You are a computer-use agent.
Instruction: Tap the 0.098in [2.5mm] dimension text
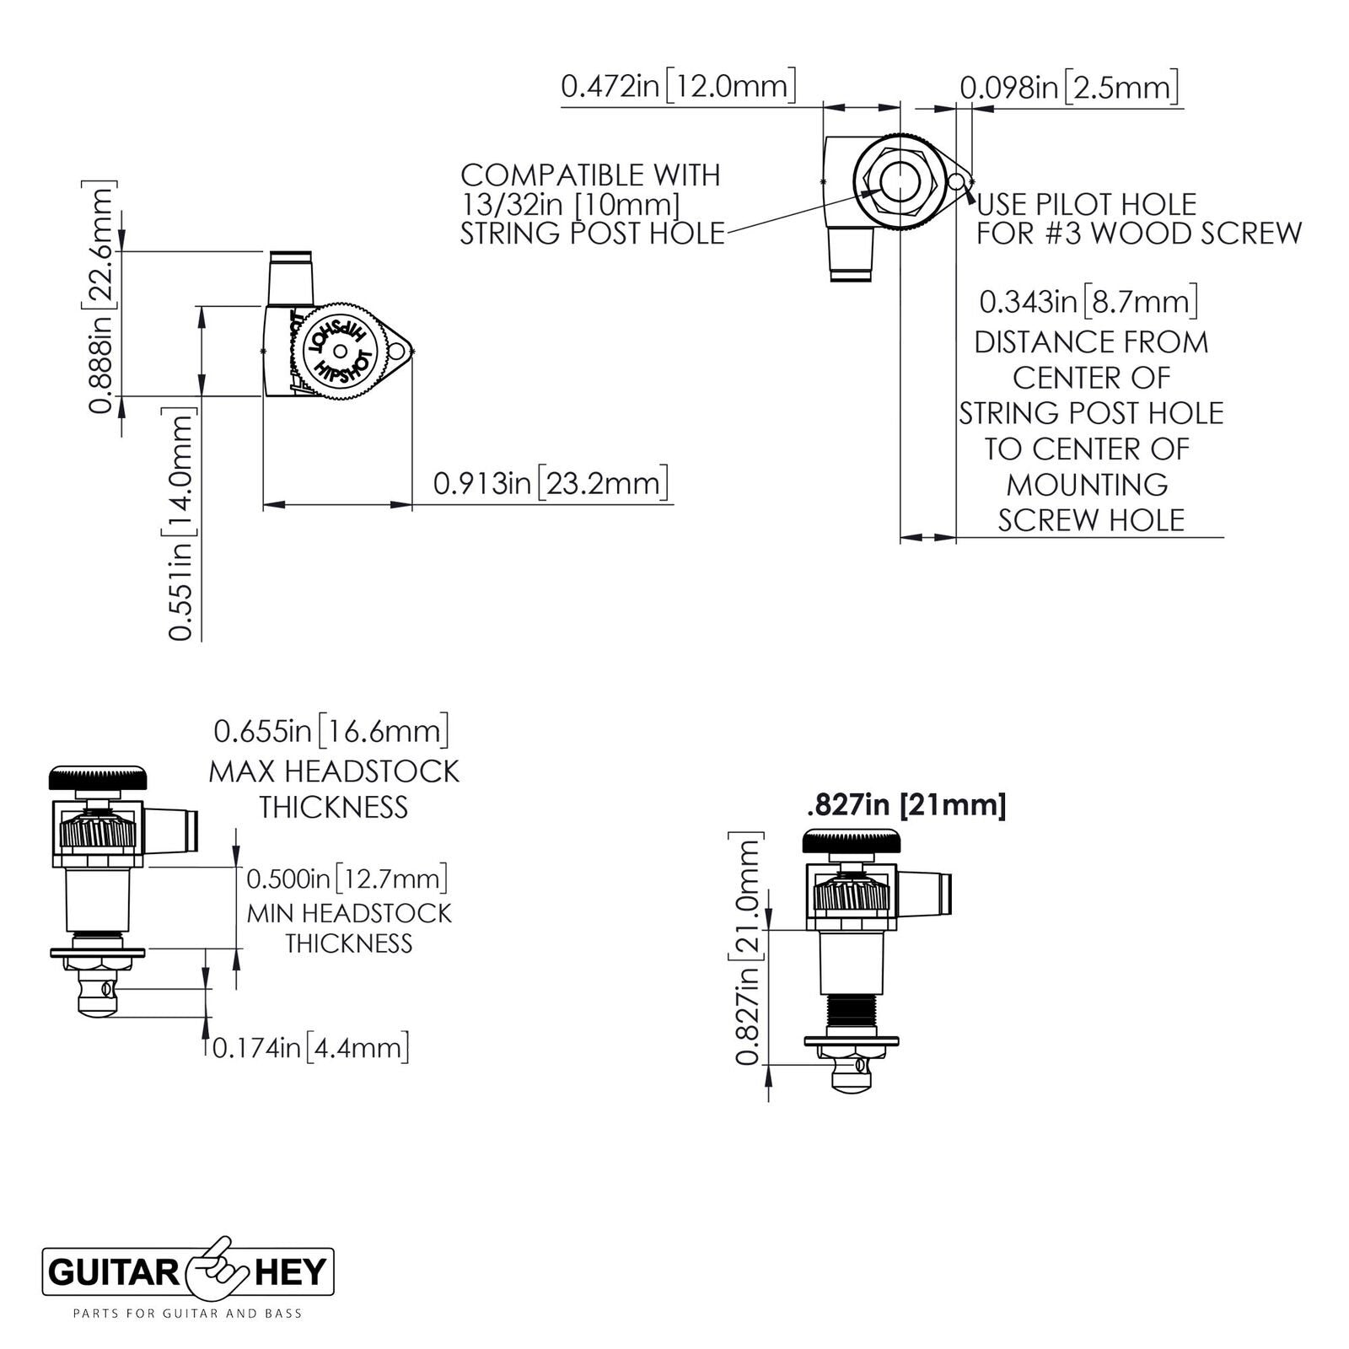1069,87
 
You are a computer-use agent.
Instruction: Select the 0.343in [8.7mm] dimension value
1088,302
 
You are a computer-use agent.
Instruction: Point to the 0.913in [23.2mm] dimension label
551,483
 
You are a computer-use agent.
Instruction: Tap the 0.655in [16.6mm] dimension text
331,730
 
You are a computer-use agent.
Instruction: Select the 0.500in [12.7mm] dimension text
346,879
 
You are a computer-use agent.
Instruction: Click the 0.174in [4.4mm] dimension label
310,1048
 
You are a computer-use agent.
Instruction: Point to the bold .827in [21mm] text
906,805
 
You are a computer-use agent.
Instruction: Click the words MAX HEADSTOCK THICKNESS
334,789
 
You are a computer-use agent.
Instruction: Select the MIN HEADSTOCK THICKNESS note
349,927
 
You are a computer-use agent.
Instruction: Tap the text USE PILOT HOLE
1087,204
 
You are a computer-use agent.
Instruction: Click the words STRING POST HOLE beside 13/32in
592,234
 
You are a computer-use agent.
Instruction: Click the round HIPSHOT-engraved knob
341,351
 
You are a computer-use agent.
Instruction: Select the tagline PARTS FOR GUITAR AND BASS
188,1313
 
